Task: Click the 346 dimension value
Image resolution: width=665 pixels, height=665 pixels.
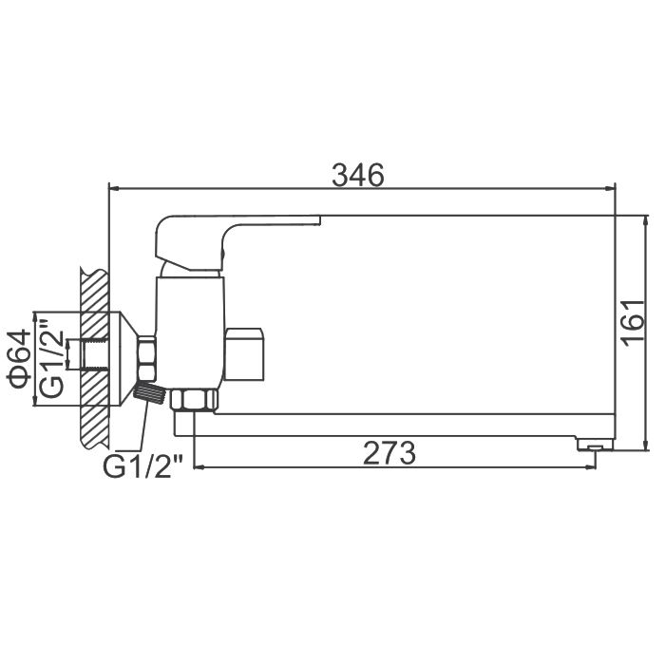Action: pyautogui.click(x=358, y=175)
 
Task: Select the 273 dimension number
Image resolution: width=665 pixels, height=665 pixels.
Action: pyautogui.click(x=389, y=453)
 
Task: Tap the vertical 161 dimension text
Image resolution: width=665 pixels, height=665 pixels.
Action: pyautogui.click(x=633, y=323)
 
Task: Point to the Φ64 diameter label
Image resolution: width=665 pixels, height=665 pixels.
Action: pyautogui.click(x=19, y=359)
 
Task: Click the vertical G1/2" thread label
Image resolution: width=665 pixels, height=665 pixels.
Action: pyautogui.click(x=51, y=358)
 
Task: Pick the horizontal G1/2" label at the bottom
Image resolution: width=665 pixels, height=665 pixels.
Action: pyautogui.click(x=142, y=466)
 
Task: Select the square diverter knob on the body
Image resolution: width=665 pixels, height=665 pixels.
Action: pyautogui.click(x=244, y=354)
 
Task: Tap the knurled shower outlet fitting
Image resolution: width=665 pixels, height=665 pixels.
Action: pyautogui.click(x=149, y=392)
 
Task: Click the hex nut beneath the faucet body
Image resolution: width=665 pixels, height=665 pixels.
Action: pyautogui.click(x=194, y=401)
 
